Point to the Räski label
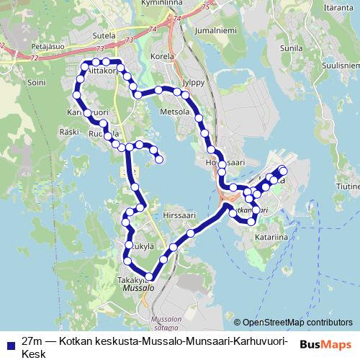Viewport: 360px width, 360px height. (x=70, y=132)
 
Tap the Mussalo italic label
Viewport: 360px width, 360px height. (x=138, y=287)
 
